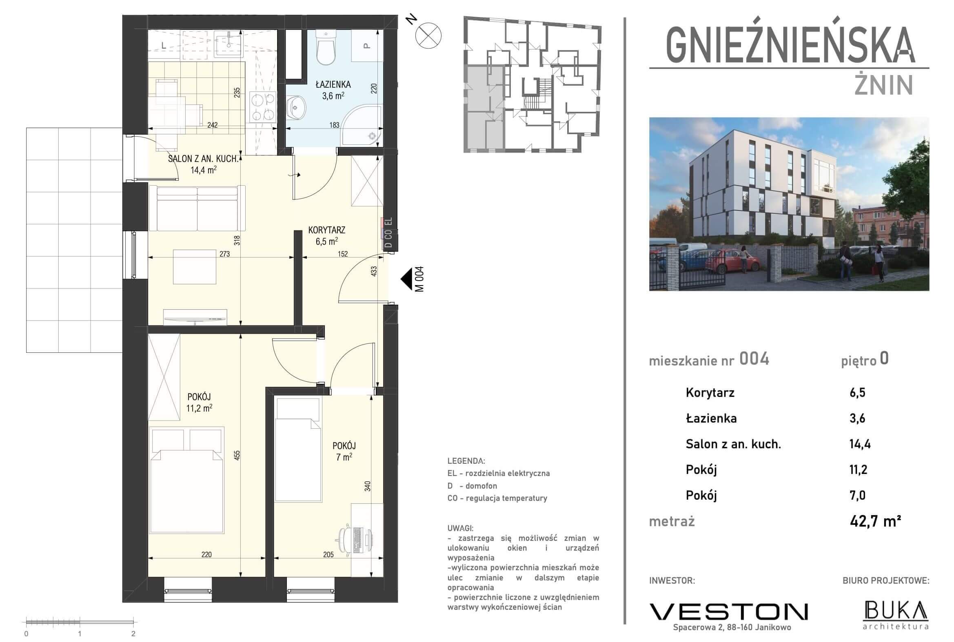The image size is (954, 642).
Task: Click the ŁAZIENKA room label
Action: point(333,85)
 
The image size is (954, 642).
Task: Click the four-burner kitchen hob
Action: point(262,106)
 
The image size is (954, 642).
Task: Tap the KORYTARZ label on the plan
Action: point(326,230)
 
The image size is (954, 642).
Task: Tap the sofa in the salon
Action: point(197,208)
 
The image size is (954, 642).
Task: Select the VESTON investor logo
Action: point(728,612)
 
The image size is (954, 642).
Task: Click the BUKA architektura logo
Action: point(896,614)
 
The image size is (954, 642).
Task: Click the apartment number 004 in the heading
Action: point(754,359)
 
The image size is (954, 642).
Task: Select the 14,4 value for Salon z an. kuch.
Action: point(860,444)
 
